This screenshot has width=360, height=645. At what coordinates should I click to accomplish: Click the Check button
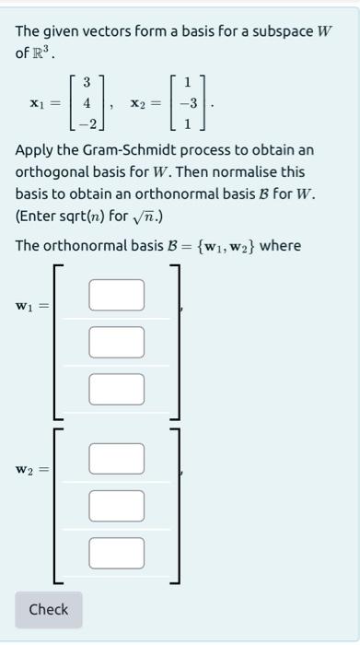point(48,609)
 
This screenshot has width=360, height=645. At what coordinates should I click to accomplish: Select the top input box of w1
point(116,294)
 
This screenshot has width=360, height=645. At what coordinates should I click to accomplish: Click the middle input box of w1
point(116,341)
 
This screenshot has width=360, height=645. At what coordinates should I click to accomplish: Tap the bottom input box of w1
point(116,388)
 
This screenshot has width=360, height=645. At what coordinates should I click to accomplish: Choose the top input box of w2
point(116,458)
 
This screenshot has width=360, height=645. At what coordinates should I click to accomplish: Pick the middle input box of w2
point(116,505)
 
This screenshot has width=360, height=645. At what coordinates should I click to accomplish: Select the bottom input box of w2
point(116,552)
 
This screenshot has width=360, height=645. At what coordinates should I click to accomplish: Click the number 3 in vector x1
point(87,84)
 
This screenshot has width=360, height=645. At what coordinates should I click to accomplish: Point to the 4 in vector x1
point(87,103)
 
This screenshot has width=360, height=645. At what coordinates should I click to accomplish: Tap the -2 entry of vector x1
point(84,123)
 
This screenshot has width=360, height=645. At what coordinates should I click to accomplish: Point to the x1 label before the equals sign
point(36,104)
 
